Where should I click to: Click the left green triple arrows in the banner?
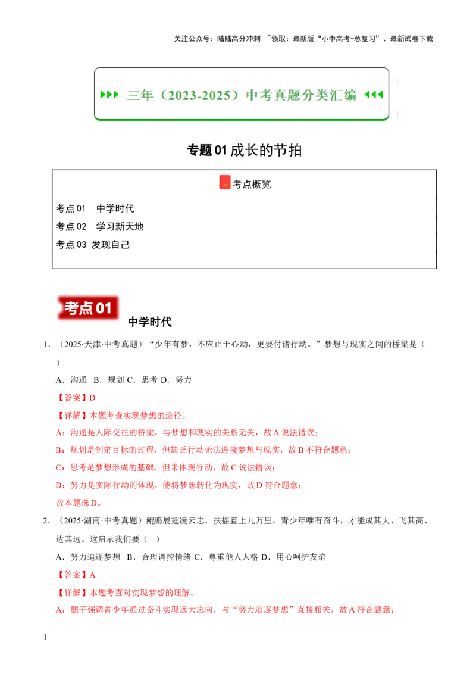click(109, 95)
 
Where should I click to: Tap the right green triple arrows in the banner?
click(374, 95)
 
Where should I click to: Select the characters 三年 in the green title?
click(140, 95)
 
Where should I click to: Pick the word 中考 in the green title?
click(259, 95)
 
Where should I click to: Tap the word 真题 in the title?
click(288, 95)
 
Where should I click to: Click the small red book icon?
click(224, 182)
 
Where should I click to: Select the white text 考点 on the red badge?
click(79, 308)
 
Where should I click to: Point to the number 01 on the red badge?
click(104, 308)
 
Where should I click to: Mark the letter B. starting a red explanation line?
click(58, 451)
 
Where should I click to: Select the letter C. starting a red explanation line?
click(58, 468)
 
